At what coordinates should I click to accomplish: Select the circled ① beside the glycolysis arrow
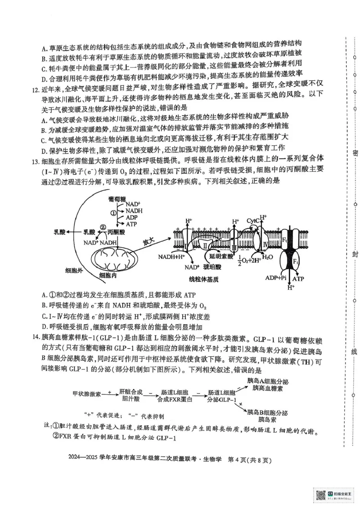(114, 213)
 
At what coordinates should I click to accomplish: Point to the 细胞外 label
(74, 271)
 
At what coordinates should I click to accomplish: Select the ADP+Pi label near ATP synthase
(276, 278)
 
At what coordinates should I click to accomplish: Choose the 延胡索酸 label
(220, 255)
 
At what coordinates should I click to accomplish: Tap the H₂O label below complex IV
(267, 257)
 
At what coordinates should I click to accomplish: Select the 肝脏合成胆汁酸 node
(131, 394)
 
